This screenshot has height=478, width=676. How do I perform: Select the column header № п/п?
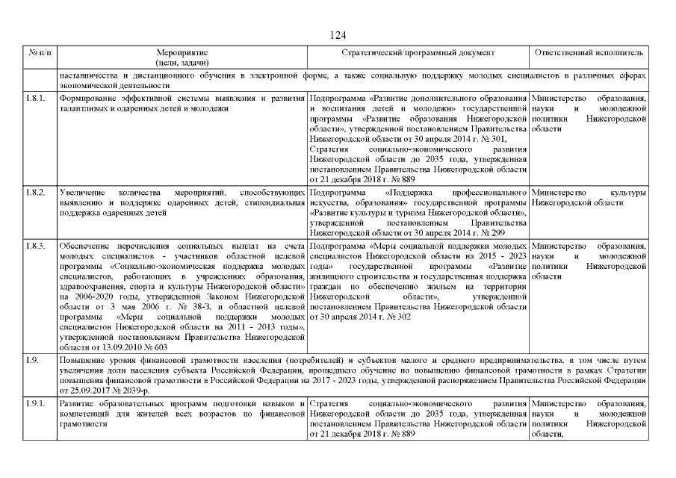[39, 54]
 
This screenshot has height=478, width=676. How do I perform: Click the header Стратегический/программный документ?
[418, 54]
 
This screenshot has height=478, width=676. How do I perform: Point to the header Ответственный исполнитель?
[589, 54]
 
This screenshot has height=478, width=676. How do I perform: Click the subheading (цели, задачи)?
[182, 63]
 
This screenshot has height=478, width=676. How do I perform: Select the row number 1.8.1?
[36, 98]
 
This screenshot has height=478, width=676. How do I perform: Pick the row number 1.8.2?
[36, 192]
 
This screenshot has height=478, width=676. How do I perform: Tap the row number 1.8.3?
[36, 245]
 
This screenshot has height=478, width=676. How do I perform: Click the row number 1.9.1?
[36, 404]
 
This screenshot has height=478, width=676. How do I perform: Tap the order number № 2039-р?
[135, 390]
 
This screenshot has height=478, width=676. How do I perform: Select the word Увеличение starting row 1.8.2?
[82, 192]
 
